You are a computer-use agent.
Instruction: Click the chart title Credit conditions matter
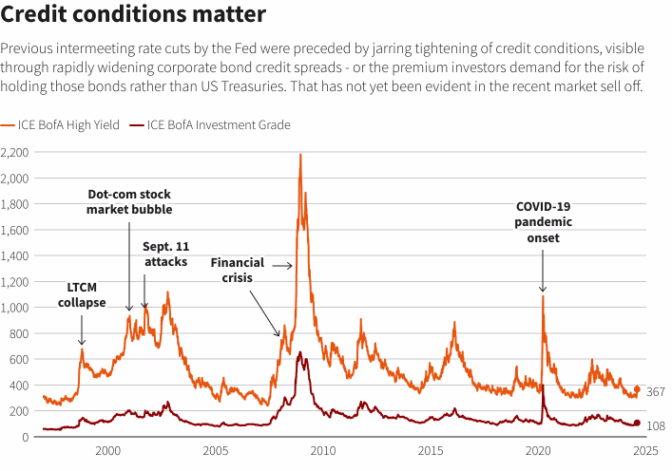pos(132,15)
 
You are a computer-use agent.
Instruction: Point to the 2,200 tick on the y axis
pos(16,152)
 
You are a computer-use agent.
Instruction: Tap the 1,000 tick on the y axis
pos(16,308)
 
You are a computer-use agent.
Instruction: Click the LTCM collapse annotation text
pos(82,294)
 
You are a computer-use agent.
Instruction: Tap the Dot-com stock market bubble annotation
pos(129,201)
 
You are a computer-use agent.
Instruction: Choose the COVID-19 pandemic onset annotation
pos(543,222)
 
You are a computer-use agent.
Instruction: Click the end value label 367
pos(655,392)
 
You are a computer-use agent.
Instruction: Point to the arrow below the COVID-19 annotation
pos(543,273)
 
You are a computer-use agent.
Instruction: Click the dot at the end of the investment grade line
pos(637,424)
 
